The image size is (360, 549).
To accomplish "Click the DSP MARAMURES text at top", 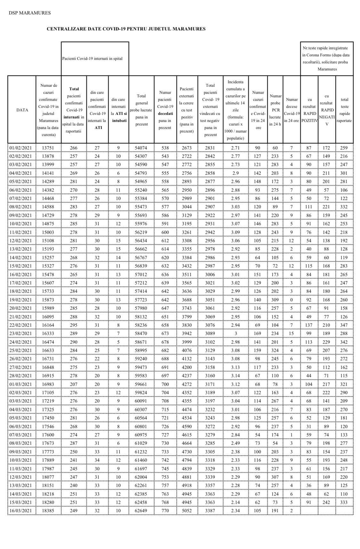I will tap(29, 13).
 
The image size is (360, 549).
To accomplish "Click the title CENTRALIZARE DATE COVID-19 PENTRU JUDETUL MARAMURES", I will tap(126, 29).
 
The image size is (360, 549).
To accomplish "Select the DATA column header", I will tap(22, 110).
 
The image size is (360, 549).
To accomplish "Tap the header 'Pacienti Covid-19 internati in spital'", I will tap(92, 59).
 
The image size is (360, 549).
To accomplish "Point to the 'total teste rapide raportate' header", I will tap(344, 110).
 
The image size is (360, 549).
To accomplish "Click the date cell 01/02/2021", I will tap(21, 148).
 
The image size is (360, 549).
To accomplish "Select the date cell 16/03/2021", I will tap(21, 511).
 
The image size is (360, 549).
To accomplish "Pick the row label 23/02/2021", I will tap(21, 333).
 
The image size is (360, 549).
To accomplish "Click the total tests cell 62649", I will tap(141, 511).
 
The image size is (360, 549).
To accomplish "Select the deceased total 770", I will tap(165, 511).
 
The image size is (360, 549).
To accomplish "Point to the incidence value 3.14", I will tap(235, 376).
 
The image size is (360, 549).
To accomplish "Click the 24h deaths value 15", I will tap(292, 333).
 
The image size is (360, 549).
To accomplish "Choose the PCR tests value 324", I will tap(275, 350).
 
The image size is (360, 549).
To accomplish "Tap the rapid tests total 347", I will tap(344, 325).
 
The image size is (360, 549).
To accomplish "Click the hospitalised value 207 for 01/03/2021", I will tap(74, 384).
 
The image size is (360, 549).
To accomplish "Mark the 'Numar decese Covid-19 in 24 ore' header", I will tap(292, 110).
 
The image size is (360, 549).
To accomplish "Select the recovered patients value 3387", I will tap(210, 511).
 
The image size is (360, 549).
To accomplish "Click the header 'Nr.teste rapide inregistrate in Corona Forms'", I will tap(327, 59).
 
